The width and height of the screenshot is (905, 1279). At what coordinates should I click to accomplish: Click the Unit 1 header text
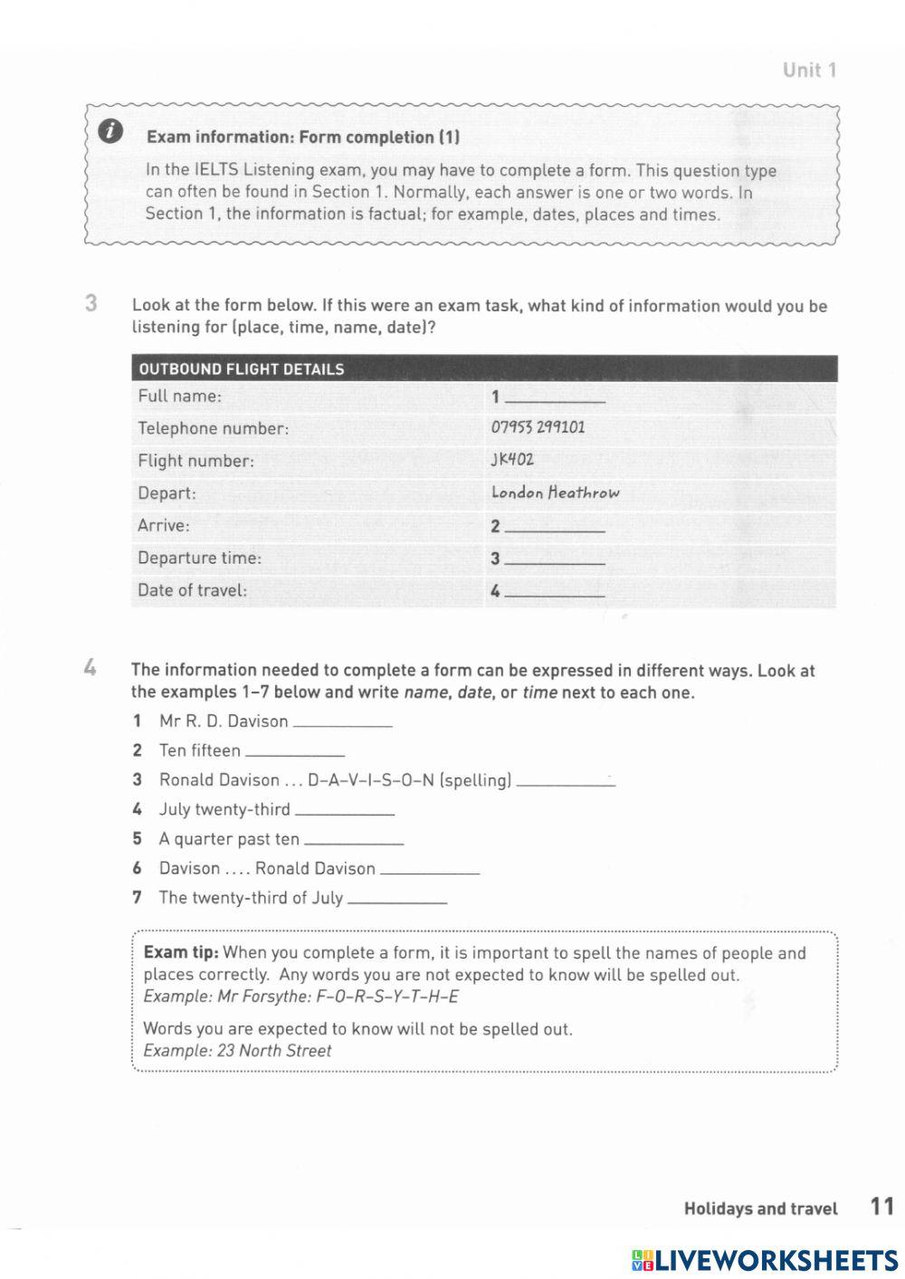coord(809,71)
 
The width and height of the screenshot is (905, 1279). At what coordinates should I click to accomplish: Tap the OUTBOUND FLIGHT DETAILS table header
coord(242,369)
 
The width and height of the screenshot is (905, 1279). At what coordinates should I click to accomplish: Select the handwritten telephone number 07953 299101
coord(538,427)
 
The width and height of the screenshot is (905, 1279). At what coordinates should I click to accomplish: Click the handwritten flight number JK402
coord(512,460)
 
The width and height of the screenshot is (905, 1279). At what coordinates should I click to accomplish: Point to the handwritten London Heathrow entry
coord(555,492)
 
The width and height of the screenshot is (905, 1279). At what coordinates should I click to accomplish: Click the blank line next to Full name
coord(555,398)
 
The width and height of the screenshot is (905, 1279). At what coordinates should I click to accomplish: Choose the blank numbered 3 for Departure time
coord(555,560)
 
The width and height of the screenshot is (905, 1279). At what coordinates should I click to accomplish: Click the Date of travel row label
coord(192,590)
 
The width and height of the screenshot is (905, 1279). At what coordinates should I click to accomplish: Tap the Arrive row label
coord(164,525)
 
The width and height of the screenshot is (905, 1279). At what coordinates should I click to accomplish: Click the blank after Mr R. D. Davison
coord(343,723)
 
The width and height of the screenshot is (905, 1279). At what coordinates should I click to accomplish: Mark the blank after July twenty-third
coord(345,812)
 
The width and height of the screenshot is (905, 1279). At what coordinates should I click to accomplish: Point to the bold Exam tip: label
coord(181,952)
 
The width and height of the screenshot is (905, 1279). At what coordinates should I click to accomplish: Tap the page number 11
coord(881,1206)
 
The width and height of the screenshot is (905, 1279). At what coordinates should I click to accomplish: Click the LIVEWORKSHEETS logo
coord(765,1259)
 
